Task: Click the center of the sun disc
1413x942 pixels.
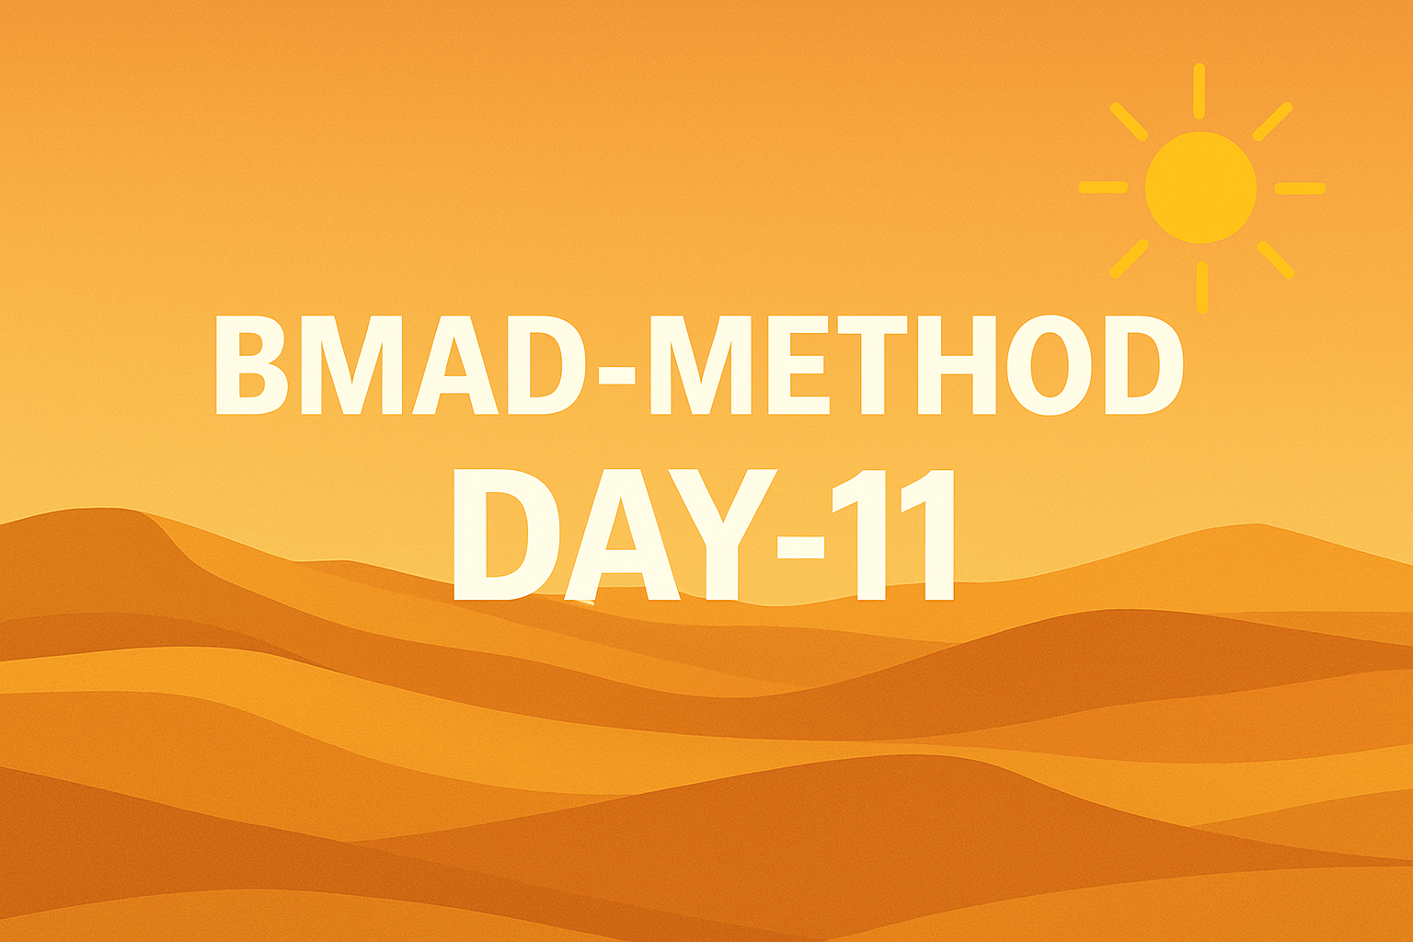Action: coord(1200,188)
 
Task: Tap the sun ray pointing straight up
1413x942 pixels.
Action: coord(1199,90)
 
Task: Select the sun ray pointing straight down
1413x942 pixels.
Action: coord(1201,286)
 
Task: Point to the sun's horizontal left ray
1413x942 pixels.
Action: coord(1103,188)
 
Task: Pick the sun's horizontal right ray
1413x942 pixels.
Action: coord(1299,188)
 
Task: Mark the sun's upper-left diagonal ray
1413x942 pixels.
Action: coord(1129,121)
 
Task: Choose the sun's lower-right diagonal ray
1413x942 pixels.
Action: coord(1276,259)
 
